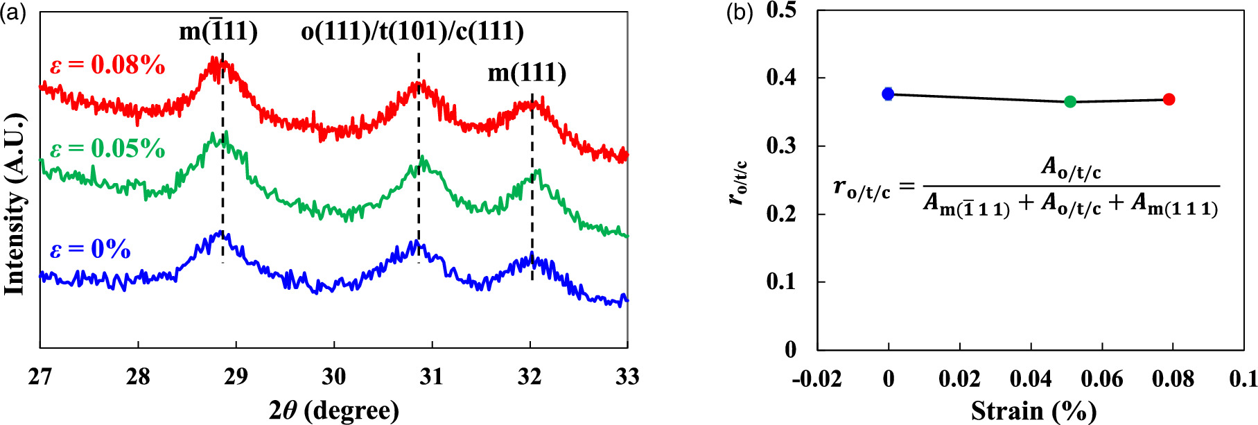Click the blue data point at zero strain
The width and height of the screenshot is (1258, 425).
(x=888, y=94)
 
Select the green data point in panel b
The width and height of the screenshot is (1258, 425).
(x=1069, y=102)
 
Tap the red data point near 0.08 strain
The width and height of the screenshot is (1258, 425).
(x=1169, y=99)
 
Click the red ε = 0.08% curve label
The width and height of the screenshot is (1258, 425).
(x=107, y=65)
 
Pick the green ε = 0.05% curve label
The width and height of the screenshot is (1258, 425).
(x=107, y=148)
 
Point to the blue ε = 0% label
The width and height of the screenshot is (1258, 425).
(x=90, y=249)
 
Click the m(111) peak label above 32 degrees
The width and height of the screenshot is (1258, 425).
(x=527, y=73)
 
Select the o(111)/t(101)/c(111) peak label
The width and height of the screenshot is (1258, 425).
(x=412, y=31)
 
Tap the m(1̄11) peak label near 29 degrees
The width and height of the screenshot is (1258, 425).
(x=218, y=31)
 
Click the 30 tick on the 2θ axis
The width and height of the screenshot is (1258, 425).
(x=334, y=376)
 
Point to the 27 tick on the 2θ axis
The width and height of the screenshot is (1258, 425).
(x=40, y=376)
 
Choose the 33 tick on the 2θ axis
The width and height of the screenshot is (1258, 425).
(x=627, y=376)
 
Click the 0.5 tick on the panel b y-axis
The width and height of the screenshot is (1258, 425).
(x=781, y=11)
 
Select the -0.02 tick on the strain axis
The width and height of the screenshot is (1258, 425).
(x=817, y=379)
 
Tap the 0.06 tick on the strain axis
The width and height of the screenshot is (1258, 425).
(x=1101, y=379)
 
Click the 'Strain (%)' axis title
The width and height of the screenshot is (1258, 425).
(x=1033, y=410)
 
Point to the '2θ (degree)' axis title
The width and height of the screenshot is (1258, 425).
(x=334, y=410)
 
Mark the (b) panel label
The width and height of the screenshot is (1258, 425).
(x=739, y=13)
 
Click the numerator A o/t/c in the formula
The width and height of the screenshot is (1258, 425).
(x=1070, y=168)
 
